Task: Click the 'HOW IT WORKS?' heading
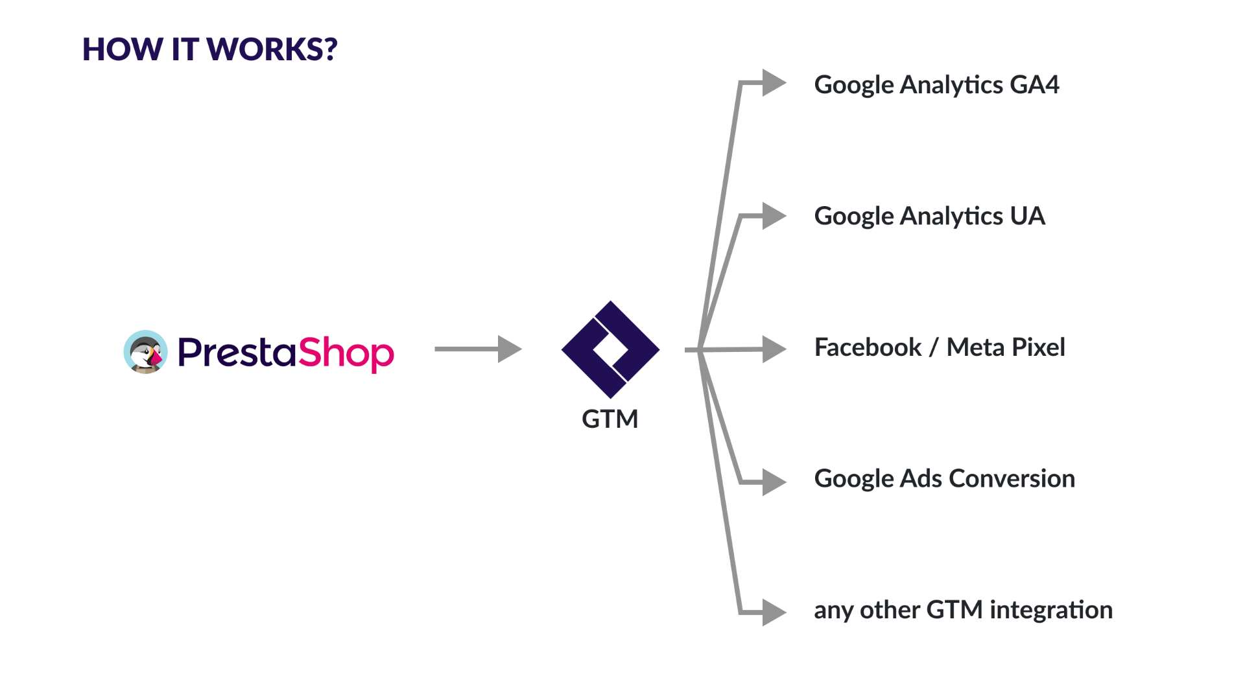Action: click(209, 49)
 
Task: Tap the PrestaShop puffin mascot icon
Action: click(146, 352)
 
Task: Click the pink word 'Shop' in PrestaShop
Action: click(346, 353)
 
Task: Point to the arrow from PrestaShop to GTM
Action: click(478, 349)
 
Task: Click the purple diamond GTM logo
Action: click(610, 349)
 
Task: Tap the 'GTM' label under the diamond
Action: click(610, 419)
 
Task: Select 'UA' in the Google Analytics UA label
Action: click(1027, 216)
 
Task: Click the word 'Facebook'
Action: click(868, 347)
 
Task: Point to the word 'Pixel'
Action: click(1038, 347)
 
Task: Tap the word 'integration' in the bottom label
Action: click(1051, 610)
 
